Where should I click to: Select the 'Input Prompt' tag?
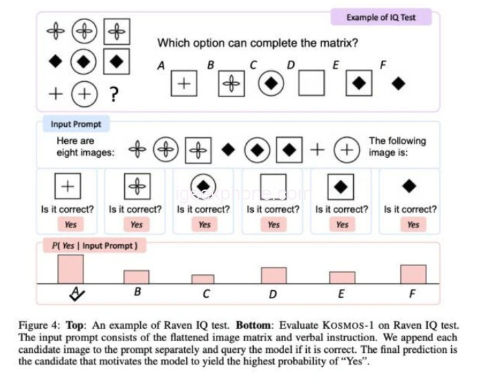click(x=76, y=125)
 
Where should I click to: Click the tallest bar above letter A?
click(x=70, y=269)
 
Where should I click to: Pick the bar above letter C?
click(x=203, y=279)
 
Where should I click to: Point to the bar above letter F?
click(x=413, y=274)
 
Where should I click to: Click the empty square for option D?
click(x=311, y=83)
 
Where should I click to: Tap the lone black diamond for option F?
click(x=398, y=83)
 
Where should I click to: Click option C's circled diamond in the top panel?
click(x=271, y=83)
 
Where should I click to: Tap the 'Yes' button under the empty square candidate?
click(x=274, y=225)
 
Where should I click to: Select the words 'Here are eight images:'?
click(x=85, y=147)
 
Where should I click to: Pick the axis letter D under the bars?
click(x=273, y=294)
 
